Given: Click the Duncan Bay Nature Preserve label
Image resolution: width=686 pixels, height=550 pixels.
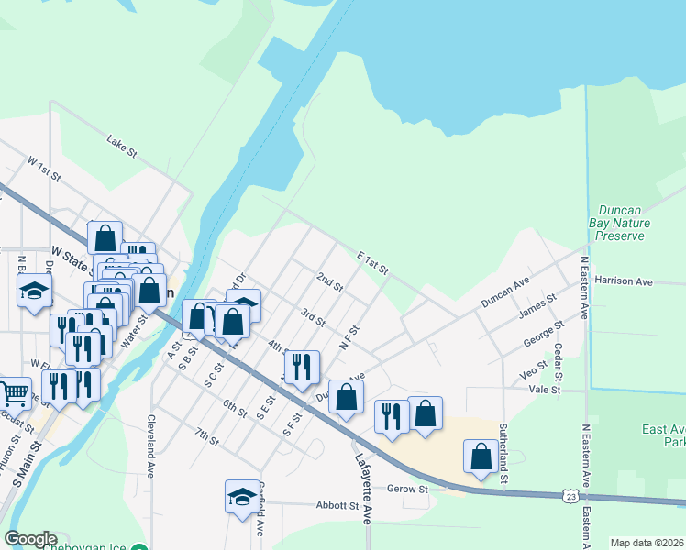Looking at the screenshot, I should pyautogui.click(x=620, y=223).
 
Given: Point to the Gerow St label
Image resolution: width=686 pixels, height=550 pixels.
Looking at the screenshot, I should pyautogui.click(x=408, y=489).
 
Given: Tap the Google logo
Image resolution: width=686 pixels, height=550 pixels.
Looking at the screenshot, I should pyautogui.click(x=30, y=539).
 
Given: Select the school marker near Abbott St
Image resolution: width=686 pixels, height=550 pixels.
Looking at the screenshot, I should pyautogui.click(x=242, y=497).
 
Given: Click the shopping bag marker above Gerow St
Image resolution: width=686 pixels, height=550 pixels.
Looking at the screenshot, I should pyautogui.click(x=481, y=457).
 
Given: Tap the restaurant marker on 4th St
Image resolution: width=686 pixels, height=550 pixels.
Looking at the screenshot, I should pyautogui.click(x=302, y=367).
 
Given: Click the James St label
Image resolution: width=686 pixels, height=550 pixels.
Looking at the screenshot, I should pyautogui.click(x=537, y=307).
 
